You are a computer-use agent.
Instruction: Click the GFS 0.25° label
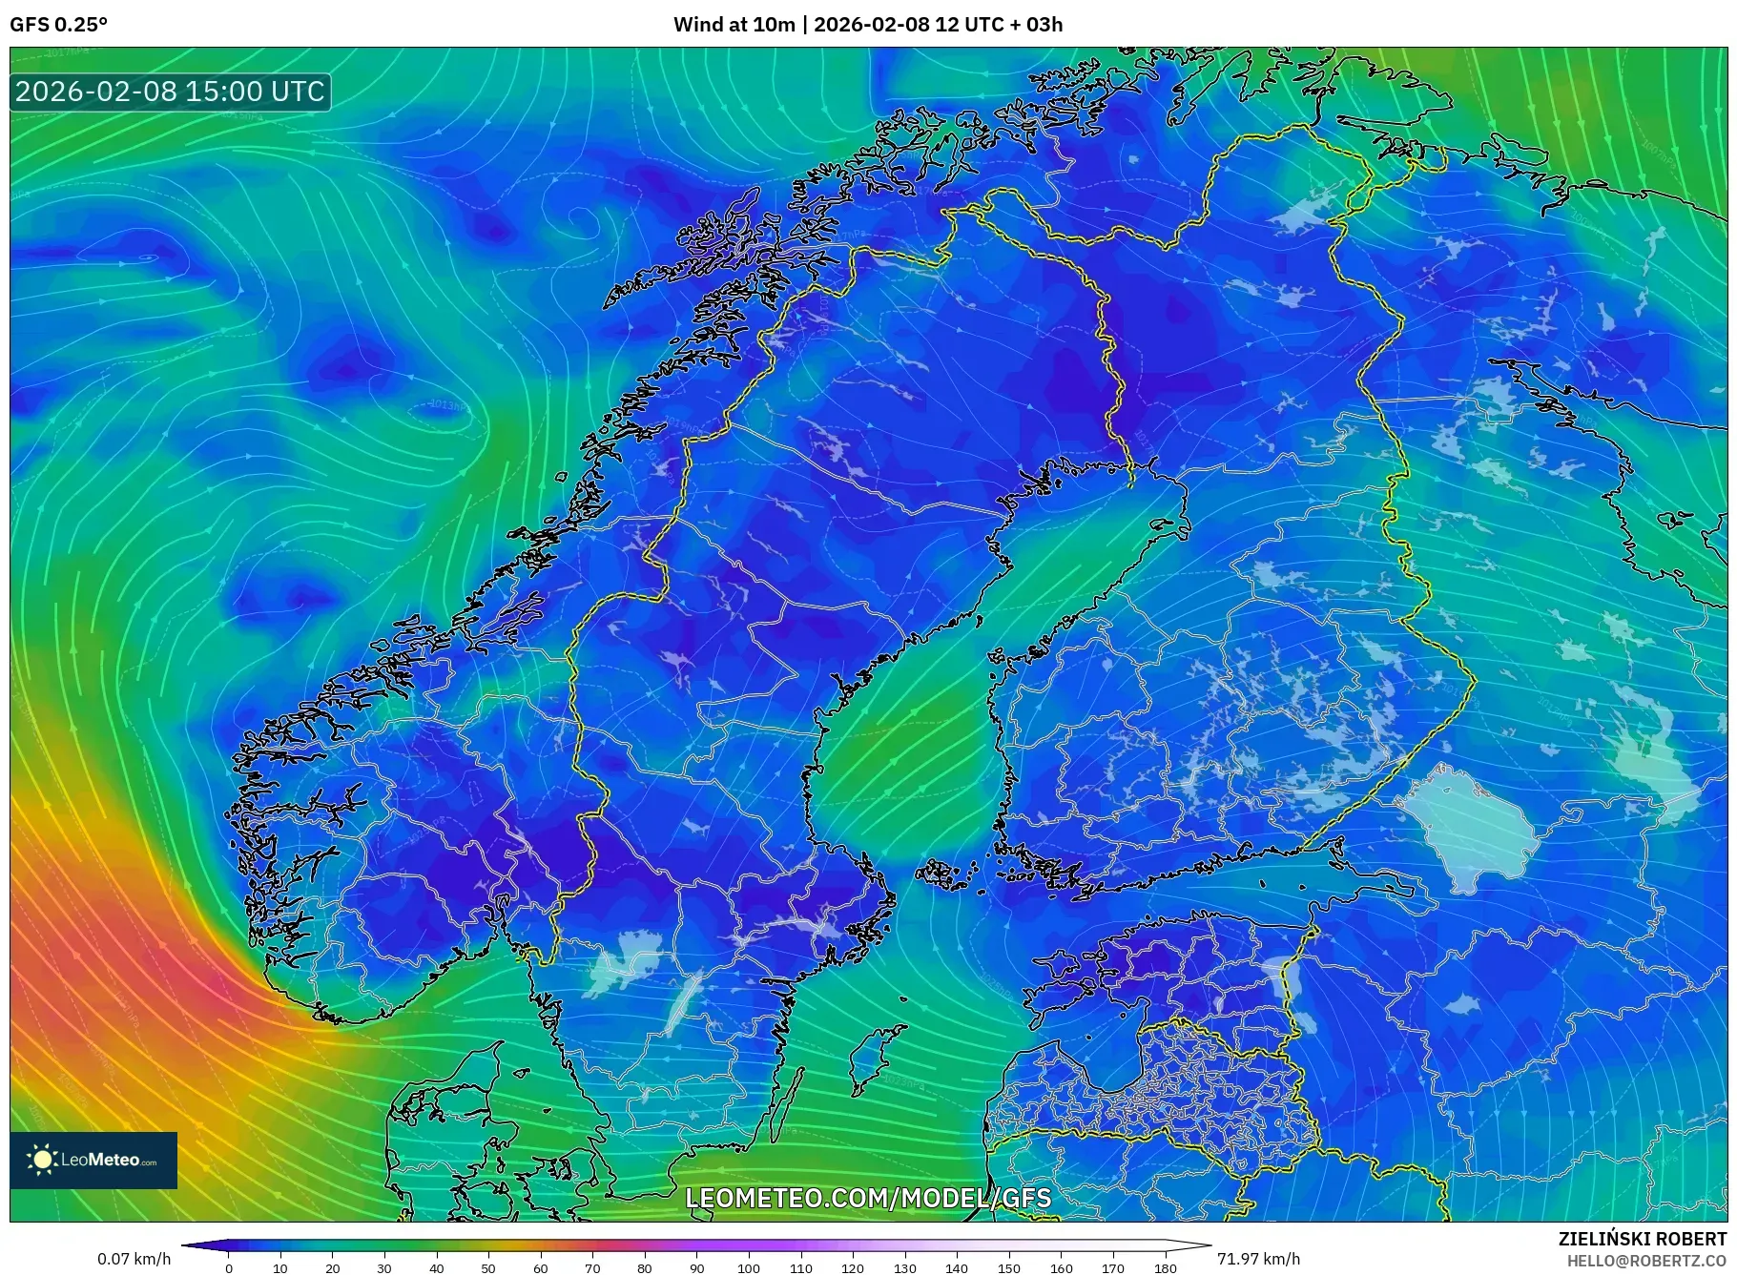point(58,25)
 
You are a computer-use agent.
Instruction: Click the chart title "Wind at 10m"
point(734,25)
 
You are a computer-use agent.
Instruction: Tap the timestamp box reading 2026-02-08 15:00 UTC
point(170,92)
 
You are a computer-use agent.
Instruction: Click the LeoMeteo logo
point(93,1160)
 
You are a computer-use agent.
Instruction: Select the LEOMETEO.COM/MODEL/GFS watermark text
point(868,1198)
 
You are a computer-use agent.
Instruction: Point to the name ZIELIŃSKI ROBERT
point(1642,1239)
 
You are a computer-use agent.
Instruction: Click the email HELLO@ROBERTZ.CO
point(1645,1260)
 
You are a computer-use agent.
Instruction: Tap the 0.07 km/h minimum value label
point(134,1259)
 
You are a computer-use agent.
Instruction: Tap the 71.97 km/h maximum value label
point(1258,1259)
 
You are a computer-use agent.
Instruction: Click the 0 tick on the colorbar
point(228,1267)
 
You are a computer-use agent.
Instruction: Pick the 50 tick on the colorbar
point(488,1267)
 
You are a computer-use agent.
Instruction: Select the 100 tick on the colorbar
point(749,1267)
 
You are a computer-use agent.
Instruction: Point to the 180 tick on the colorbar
point(1165,1267)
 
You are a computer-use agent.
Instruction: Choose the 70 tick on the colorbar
point(592,1267)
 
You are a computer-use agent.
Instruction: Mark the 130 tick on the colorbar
point(904,1267)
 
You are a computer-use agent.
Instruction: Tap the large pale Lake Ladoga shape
point(1474,830)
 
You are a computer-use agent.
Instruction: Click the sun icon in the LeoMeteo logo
point(42,1160)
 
